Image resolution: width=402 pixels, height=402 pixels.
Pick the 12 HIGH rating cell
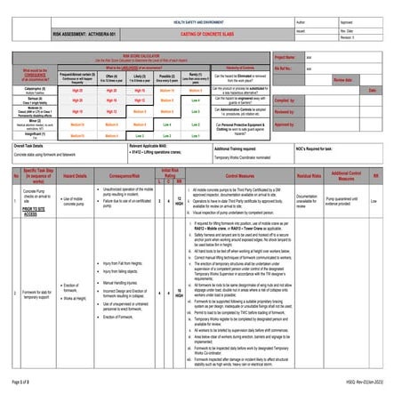point(179,201)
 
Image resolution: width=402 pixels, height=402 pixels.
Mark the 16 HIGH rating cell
point(179,292)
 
